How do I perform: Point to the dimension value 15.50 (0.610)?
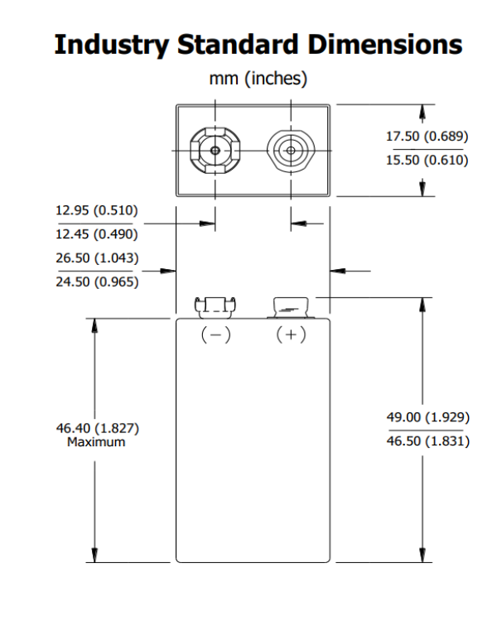(x=427, y=160)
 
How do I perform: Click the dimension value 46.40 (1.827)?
(x=97, y=428)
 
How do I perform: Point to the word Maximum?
(x=97, y=442)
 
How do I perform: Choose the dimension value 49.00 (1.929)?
(x=427, y=418)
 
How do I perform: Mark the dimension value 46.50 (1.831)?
(x=427, y=441)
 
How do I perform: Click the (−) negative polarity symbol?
(x=215, y=335)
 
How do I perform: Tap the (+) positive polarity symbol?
(x=291, y=335)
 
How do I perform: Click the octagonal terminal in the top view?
(x=215, y=151)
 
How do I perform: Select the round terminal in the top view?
(x=291, y=151)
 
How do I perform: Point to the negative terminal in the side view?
(x=215, y=306)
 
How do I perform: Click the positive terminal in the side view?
(x=291, y=308)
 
